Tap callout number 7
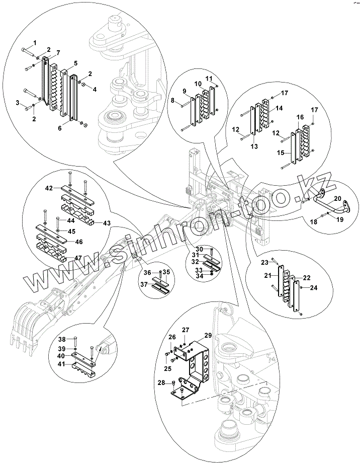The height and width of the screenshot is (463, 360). click(58, 53)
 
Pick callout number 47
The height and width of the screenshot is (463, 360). click(64, 257)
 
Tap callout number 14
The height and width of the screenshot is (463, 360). click(279, 108)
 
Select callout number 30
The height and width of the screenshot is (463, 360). click(200, 249)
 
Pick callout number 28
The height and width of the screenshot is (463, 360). click(161, 383)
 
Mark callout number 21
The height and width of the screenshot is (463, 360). click(268, 275)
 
